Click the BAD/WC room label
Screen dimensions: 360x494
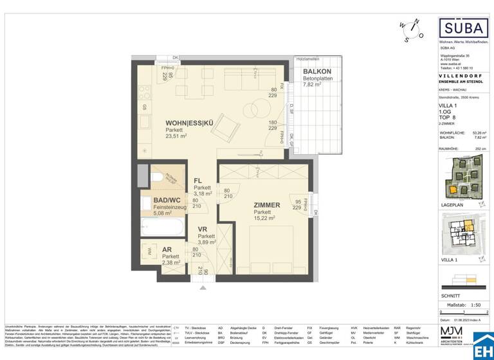tap(167, 200)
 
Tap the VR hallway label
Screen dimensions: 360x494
tap(202, 228)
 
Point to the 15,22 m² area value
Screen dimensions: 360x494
tap(265, 219)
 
